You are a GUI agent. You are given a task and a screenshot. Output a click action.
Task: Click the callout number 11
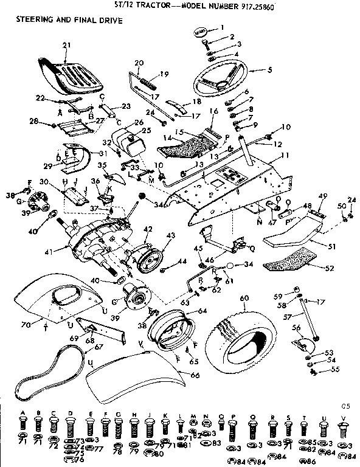pos(285,156)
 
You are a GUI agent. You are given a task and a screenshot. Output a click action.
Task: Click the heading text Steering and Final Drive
pos(64,21)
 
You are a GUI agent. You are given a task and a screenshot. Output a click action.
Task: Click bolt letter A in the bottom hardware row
pos(22,412)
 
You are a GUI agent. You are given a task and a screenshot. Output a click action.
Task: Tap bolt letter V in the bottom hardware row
pos(345,412)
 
